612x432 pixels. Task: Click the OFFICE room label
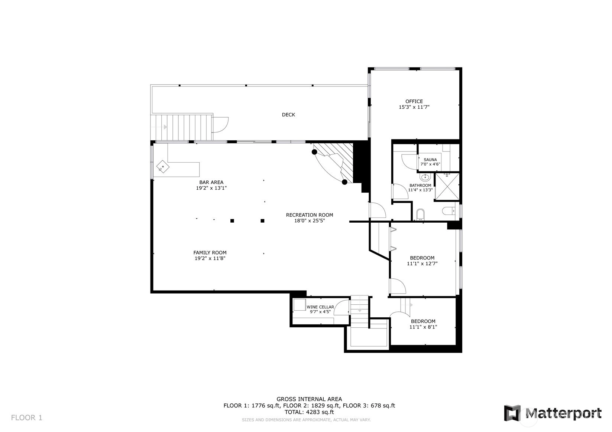414,101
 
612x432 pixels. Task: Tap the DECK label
288,115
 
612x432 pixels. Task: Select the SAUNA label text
430,160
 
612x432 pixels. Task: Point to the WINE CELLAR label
320,307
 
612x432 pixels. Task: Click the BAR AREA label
211,182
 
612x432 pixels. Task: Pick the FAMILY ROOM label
210,253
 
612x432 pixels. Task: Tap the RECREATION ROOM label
309,215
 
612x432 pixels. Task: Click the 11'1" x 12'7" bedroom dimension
422,264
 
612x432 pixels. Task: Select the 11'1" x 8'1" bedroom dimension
423,327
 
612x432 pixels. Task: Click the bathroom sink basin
425,178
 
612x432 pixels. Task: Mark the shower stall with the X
447,187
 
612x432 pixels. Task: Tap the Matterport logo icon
512,413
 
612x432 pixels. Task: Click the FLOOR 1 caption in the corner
26,418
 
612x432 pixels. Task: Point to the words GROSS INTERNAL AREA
309,399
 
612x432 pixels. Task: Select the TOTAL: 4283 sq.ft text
309,412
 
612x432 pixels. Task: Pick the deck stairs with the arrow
181,127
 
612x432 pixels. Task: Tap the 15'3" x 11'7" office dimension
414,107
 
